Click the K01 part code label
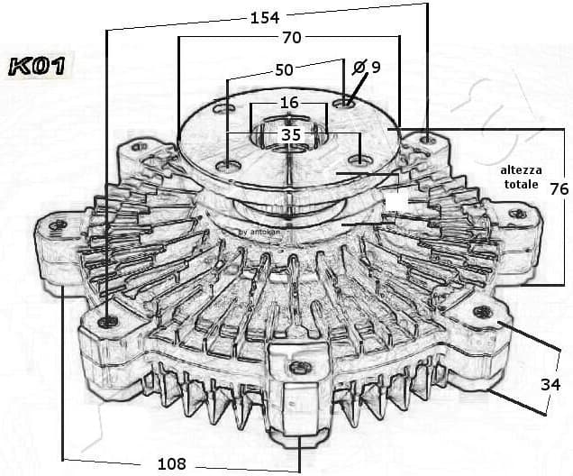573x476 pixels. click(x=37, y=65)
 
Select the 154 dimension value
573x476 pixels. click(x=263, y=16)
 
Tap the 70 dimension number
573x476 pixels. click(x=291, y=38)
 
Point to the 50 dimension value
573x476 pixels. click(x=285, y=69)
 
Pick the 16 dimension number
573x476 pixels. click(x=288, y=103)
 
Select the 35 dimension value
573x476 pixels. click(x=291, y=134)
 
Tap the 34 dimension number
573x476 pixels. click(x=550, y=384)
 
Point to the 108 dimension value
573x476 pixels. click(x=171, y=463)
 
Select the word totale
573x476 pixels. click(x=521, y=184)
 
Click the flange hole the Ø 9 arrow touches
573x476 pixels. click(x=343, y=105)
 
